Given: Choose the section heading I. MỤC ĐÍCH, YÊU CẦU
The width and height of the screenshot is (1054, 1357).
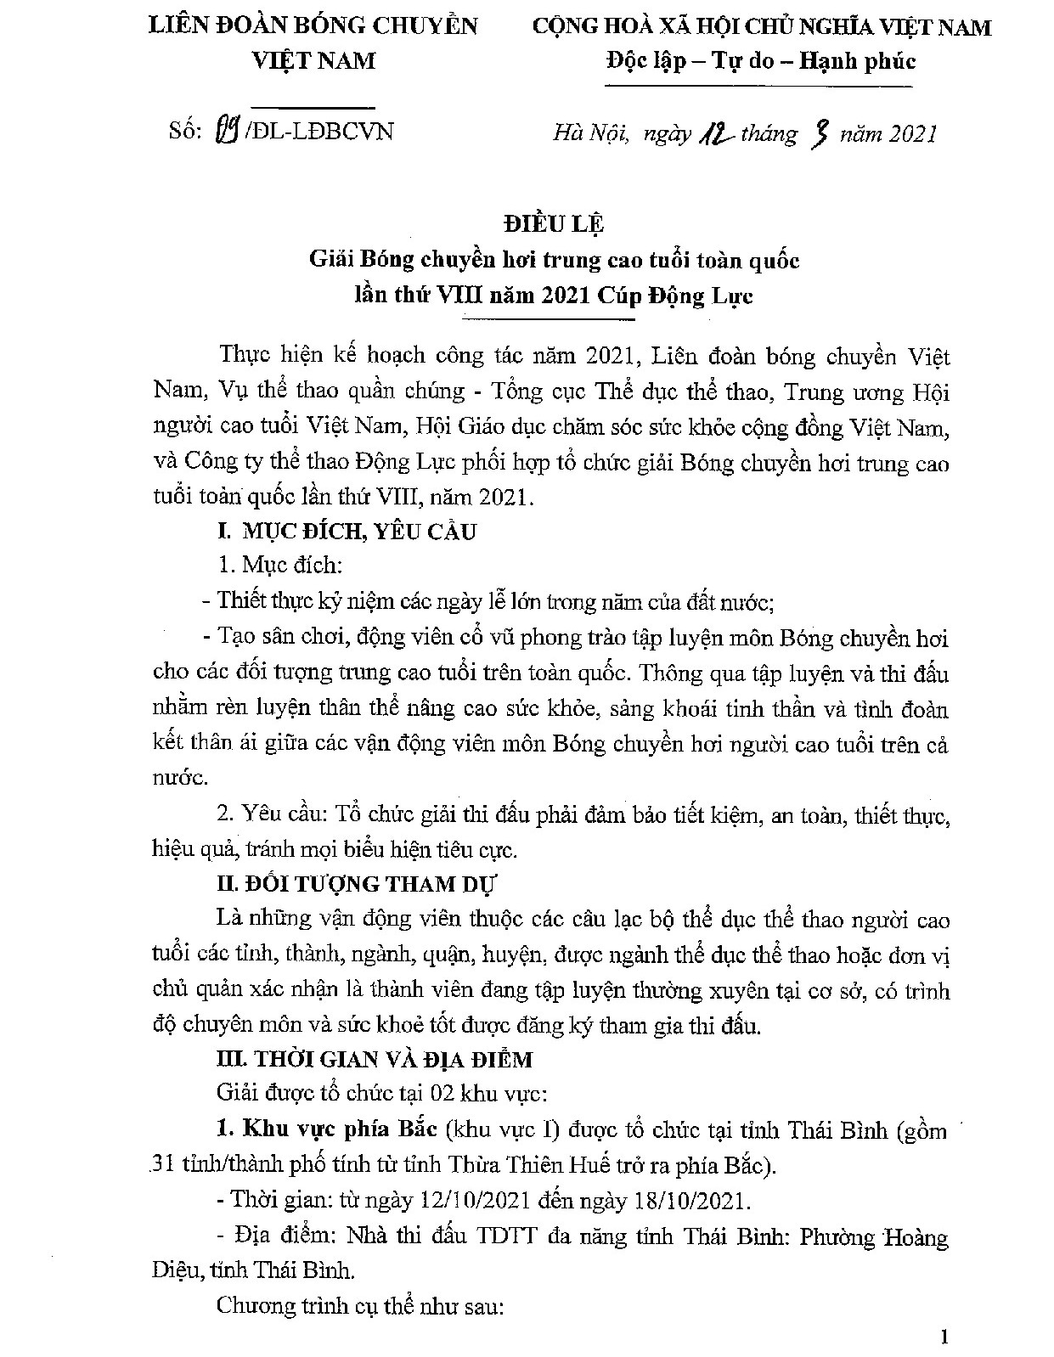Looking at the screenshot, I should [x=347, y=532].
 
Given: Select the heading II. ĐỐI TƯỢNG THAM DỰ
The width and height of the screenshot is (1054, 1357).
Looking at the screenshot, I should [x=356, y=883].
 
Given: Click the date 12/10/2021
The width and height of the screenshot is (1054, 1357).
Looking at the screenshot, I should [x=476, y=1201].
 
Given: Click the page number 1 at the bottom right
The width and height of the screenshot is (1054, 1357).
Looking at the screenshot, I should [x=944, y=1338].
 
